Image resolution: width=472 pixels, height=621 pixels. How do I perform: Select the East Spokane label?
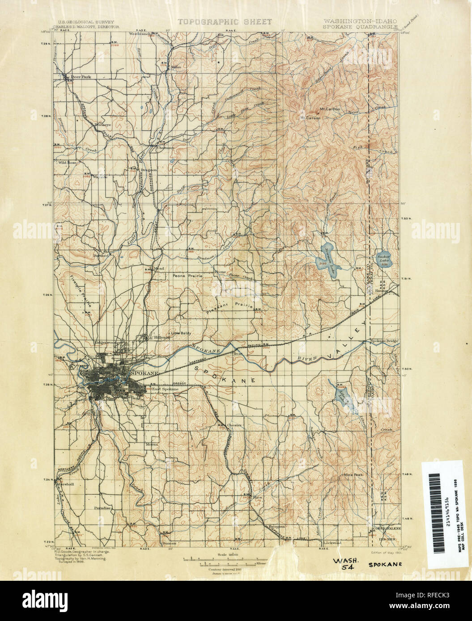click(x=165, y=389)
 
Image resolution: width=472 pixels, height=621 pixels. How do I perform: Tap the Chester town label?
click(x=234, y=425)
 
